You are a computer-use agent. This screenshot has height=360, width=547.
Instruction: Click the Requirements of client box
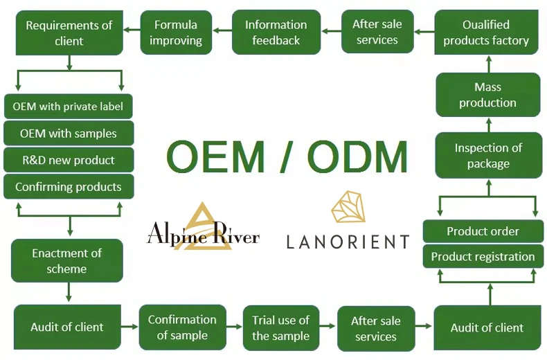tap(69, 33)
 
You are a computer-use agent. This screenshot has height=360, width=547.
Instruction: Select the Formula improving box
tap(176, 33)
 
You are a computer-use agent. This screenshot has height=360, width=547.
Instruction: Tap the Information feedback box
tap(276, 33)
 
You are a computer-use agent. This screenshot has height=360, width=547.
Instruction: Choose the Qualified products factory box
tap(486, 33)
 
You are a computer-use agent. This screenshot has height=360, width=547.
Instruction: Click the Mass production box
tap(488, 95)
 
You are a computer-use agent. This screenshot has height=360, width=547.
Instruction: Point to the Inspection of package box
tap(488, 156)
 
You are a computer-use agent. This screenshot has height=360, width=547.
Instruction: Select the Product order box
tap(483, 231)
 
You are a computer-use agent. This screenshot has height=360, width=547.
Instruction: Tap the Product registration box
tap(483, 257)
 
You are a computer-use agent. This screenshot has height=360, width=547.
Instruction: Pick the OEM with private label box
tap(68, 107)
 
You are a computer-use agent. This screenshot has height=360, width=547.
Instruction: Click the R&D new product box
tap(68, 160)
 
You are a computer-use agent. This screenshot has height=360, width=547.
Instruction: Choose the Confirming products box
tap(68, 187)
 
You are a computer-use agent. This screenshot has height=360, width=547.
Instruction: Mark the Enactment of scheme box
tap(67, 261)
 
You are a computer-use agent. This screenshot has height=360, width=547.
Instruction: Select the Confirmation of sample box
tap(182, 327)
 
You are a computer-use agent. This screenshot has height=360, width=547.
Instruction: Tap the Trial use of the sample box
tap(280, 327)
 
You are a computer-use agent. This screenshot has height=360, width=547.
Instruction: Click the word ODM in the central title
tap(357, 157)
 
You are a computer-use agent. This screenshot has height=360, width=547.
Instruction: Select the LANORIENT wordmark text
tap(348, 242)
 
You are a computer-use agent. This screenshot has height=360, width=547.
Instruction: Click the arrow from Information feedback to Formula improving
tap(222, 30)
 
